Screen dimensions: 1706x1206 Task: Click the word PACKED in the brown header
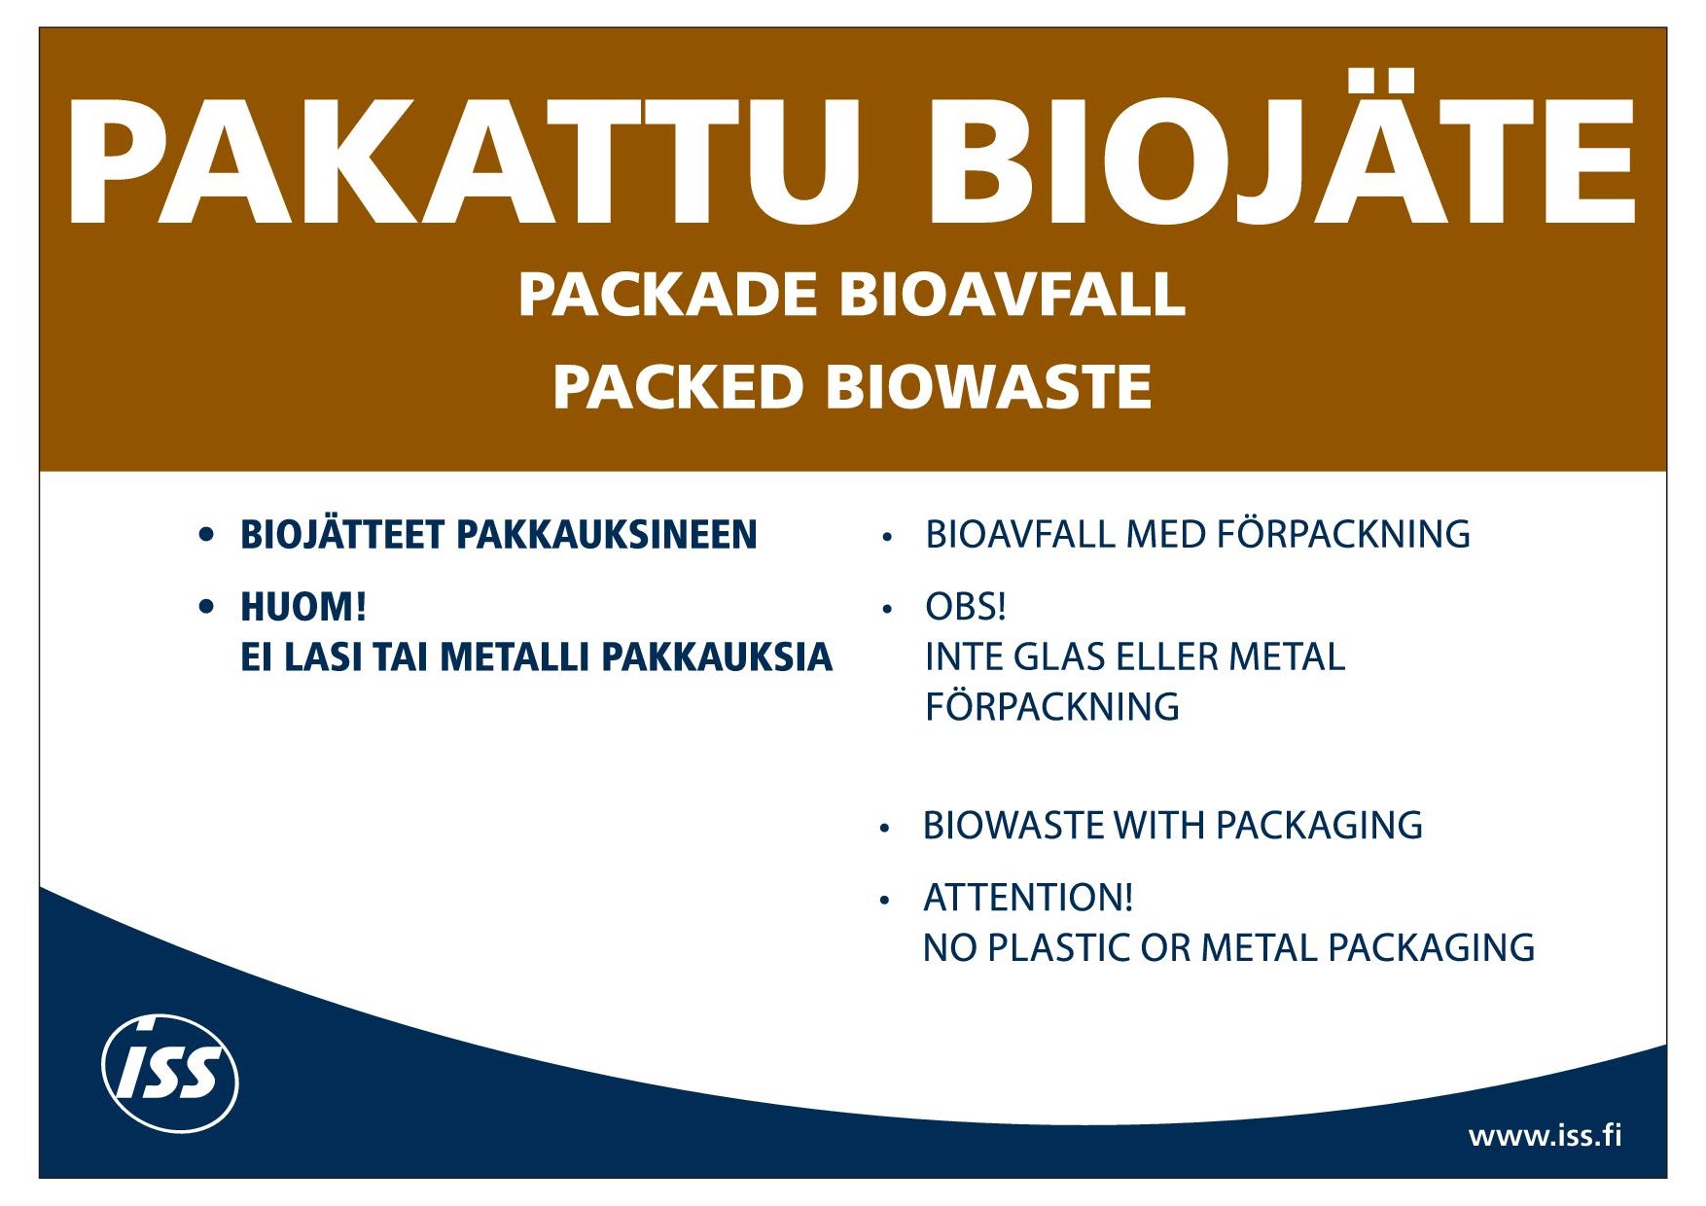(678, 387)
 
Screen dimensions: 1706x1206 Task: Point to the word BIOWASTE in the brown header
(988, 387)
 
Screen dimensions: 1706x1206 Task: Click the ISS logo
(170, 1073)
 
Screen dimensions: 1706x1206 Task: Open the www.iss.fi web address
(1545, 1135)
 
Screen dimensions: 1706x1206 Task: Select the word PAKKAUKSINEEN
(606, 535)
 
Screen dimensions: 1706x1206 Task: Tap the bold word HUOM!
(303, 607)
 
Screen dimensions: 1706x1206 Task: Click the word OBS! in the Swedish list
(965, 607)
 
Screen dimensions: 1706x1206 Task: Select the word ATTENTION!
(1028, 898)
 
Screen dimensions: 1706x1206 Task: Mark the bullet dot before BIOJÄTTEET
(205, 534)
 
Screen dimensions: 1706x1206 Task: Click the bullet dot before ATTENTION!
(884, 900)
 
